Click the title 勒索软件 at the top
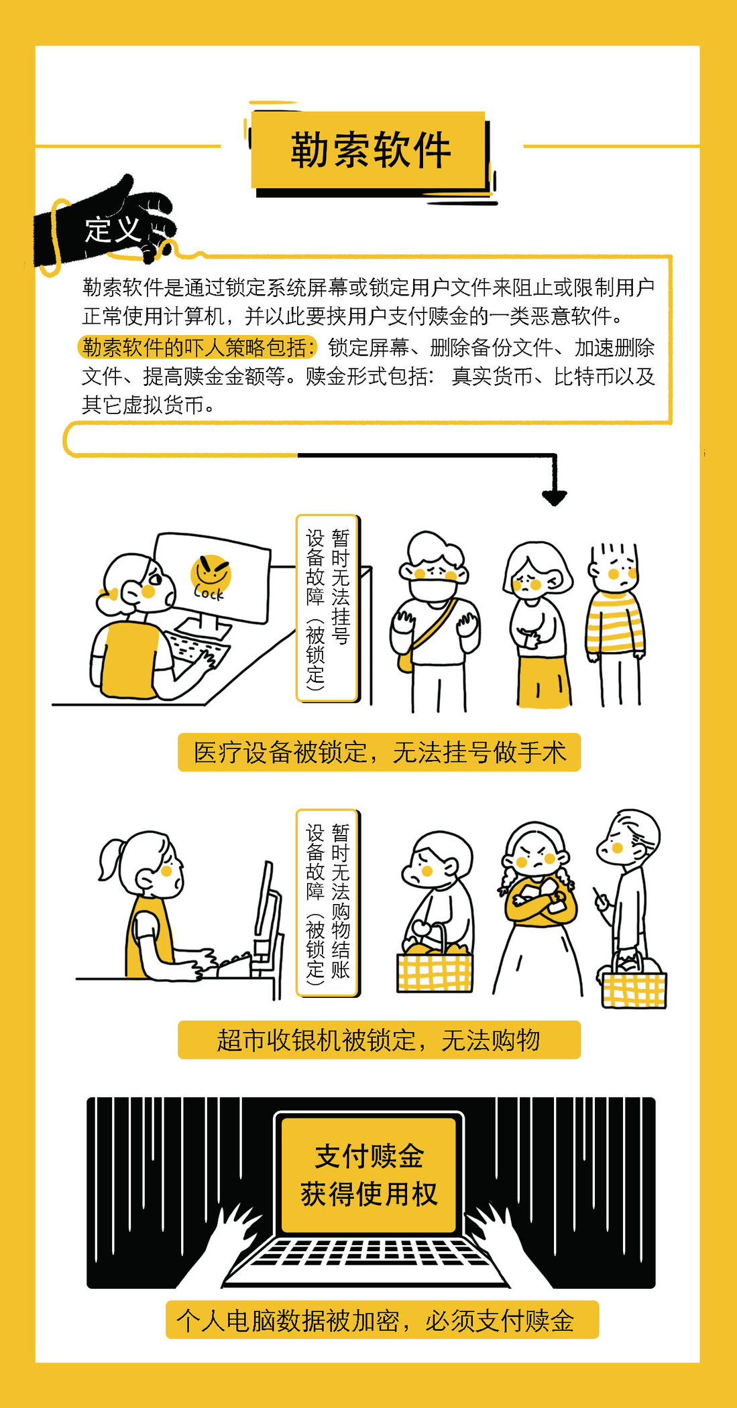click(x=370, y=149)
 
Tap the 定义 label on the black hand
click(x=113, y=230)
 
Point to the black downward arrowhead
click(x=555, y=497)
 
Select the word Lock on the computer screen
click(x=209, y=593)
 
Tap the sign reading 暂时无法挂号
click(x=341, y=586)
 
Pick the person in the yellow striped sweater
click(x=616, y=624)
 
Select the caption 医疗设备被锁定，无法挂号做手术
click(x=380, y=752)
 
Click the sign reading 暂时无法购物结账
click(x=341, y=901)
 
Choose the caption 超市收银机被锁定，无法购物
click(x=378, y=1040)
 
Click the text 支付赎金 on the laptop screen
click(x=370, y=1156)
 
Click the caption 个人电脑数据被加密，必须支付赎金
click(x=376, y=1320)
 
